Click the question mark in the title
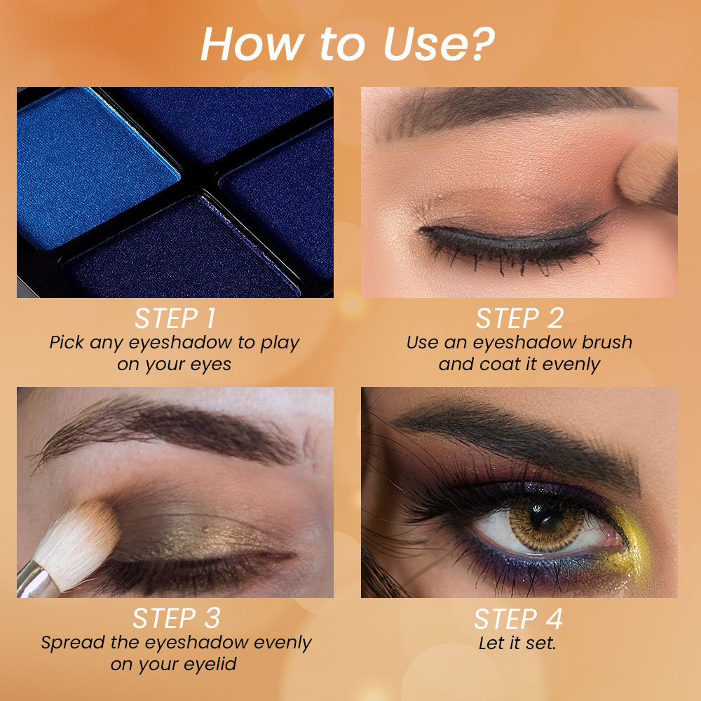[483, 46]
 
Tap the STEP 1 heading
[175, 319]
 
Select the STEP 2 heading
[519, 319]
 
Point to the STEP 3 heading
[176, 619]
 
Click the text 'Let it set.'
[517, 643]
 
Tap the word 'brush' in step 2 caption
[606, 343]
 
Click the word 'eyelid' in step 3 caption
[212, 664]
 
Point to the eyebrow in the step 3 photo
[175, 428]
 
